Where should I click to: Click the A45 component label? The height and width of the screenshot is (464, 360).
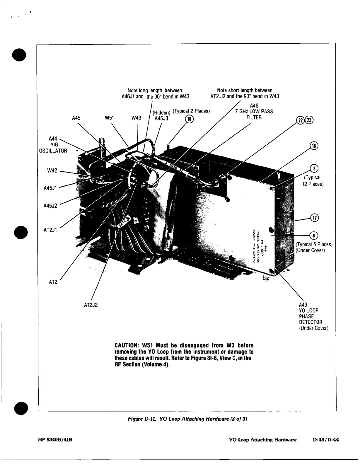(76, 118)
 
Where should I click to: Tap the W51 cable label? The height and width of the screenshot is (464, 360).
(109, 118)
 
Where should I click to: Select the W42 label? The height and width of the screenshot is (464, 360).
(52, 171)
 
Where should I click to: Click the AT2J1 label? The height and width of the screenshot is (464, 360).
(50, 230)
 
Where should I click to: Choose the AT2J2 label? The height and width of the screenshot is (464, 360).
(91, 305)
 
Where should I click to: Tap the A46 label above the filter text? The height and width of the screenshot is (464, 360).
(254, 105)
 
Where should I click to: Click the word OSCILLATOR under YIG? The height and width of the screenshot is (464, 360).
(53, 151)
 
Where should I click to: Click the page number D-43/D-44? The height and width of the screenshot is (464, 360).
(326, 440)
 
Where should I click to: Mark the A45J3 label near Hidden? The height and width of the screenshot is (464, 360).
(161, 118)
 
